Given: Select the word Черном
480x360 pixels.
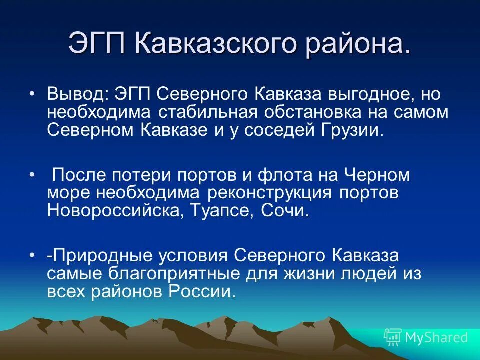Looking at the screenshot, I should coord(378,175).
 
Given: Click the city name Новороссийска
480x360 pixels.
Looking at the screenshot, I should coord(117,210).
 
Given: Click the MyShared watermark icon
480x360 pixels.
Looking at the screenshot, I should coord(393,337).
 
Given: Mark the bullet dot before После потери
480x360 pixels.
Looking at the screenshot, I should coord(32,175).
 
